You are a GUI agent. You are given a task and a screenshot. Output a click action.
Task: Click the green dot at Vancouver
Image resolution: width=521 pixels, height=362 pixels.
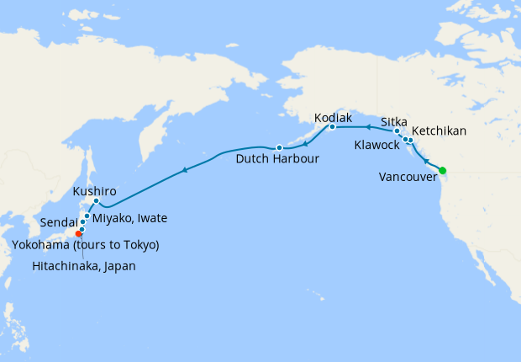coord(443,171)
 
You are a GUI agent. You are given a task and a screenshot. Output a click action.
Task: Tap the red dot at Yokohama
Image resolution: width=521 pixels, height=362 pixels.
coord(78,233)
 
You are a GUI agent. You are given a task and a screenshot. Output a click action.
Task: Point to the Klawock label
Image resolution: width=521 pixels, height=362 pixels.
coord(377,146)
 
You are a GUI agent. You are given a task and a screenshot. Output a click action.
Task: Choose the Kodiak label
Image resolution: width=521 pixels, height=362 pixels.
coord(333,118)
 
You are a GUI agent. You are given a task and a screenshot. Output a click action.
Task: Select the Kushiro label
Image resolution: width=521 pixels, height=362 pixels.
coord(94,191)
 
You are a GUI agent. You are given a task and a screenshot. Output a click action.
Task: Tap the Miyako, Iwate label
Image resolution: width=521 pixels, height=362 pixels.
coord(129,219)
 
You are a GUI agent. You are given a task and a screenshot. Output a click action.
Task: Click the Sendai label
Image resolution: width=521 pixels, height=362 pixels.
coord(60,222)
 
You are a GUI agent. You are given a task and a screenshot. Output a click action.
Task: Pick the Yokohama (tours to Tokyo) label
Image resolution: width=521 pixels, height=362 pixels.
coord(86,245)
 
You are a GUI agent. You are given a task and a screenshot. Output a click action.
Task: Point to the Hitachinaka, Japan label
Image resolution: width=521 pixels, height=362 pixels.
coord(84,266)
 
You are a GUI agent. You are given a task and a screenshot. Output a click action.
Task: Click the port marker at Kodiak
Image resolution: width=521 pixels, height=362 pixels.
coord(332,127)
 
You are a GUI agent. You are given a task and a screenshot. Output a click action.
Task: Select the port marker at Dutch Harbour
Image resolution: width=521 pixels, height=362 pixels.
coord(279,148)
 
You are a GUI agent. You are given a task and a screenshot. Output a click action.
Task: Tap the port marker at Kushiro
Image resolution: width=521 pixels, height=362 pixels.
coord(97,201)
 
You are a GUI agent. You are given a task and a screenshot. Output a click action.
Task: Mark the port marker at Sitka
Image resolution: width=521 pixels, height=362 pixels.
coord(397,131)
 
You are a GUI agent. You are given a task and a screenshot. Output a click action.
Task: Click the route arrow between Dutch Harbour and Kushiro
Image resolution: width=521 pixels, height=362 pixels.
coord(183,171)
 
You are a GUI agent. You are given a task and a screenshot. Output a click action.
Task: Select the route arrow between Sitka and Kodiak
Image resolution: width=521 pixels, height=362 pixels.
coord(366,127)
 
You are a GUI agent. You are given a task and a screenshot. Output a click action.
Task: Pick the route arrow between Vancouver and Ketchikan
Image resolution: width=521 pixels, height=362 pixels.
coord(425,160)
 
